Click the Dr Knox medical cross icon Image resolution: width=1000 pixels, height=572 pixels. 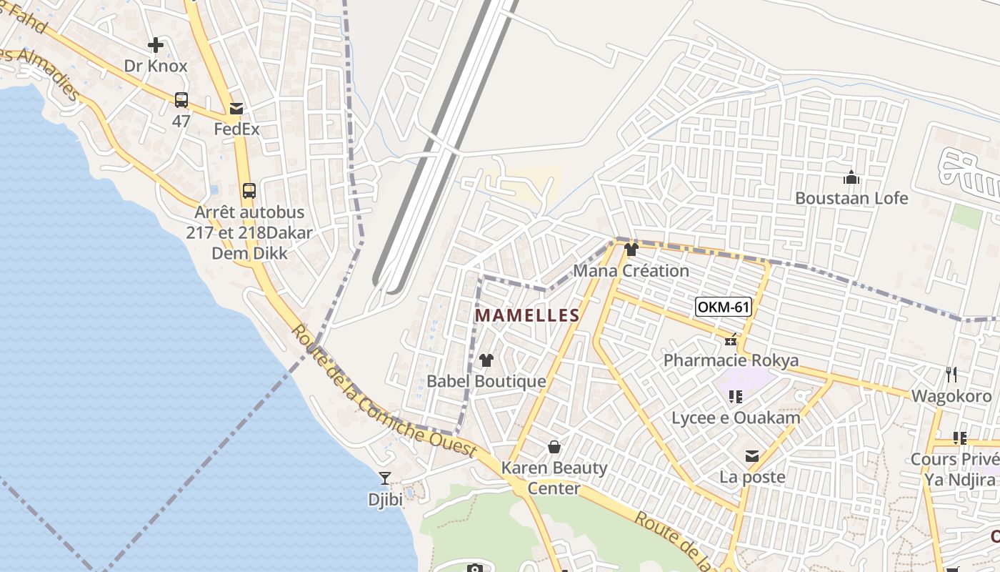click(155, 46)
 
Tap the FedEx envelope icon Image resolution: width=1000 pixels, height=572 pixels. click(236, 109)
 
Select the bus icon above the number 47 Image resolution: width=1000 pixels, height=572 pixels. click(181, 99)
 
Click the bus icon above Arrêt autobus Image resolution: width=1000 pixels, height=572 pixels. click(249, 191)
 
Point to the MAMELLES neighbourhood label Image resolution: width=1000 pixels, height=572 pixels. click(527, 315)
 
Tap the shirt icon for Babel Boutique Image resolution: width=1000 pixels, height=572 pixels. click(486, 360)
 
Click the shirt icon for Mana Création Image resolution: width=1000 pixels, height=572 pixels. click(631, 250)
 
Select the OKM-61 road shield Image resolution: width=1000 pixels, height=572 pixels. click(724, 307)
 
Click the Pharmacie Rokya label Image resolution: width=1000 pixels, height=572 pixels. click(731, 360)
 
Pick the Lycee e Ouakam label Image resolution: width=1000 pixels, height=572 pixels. click(736, 418)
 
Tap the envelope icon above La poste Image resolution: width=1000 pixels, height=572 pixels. click(752, 456)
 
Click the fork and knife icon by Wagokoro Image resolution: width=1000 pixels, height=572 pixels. click(951, 374)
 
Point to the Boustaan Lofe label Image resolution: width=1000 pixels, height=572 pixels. click(851, 198)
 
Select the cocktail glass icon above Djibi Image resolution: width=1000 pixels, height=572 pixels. click(385, 478)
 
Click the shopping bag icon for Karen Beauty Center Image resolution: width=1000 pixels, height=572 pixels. click(554, 448)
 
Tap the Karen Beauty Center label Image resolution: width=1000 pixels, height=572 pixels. click(554, 478)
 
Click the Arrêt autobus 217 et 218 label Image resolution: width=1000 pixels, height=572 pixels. click(249, 232)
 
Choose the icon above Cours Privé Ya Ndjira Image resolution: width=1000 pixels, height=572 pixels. click(959, 438)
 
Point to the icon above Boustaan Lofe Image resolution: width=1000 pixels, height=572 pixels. click(851, 177)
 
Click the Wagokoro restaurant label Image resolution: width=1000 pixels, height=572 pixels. click(951, 396)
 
